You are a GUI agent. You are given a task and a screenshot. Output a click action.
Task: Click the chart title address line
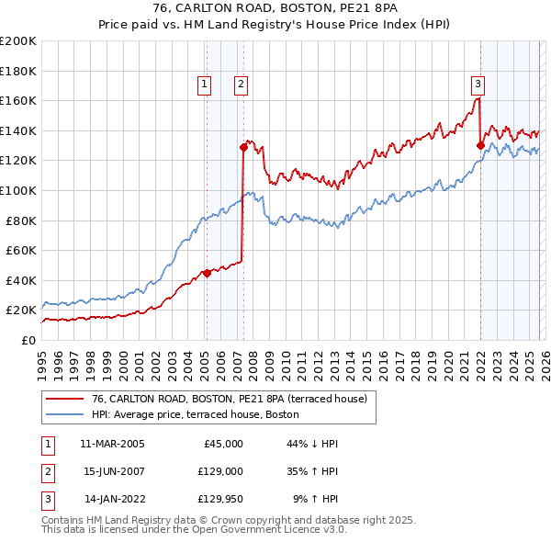[275, 8]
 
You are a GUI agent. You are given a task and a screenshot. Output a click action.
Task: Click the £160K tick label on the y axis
[18, 100]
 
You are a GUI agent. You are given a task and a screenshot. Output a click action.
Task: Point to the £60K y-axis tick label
[21, 250]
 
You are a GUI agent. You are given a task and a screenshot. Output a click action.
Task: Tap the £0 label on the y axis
[29, 340]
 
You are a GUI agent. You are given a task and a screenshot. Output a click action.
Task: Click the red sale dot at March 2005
[207, 273]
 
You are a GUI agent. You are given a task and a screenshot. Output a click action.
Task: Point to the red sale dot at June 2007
[243, 146]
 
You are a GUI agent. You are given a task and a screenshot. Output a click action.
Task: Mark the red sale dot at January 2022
[480, 145]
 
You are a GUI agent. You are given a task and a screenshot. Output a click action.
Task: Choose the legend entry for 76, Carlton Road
[229, 399]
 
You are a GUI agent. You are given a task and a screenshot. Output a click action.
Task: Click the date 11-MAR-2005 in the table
[112, 444]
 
